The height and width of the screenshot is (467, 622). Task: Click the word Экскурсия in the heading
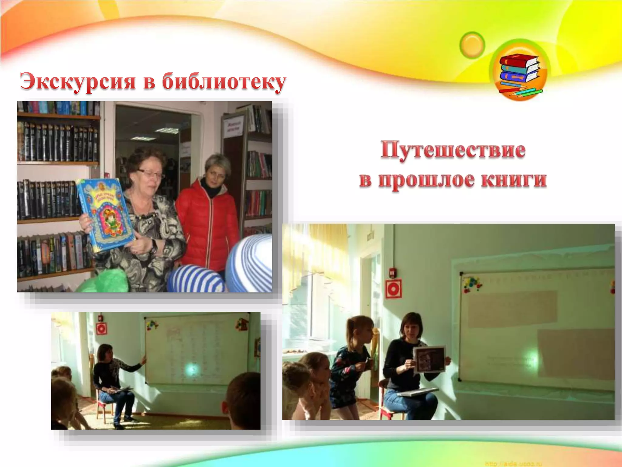pyautogui.click(x=77, y=81)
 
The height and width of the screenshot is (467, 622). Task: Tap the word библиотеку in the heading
pyautogui.click(x=224, y=81)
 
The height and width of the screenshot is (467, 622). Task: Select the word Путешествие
pyautogui.click(x=453, y=150)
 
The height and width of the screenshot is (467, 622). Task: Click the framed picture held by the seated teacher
pyautogui.click(x=429, y=359)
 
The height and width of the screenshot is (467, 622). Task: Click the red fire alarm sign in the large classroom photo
pyautogui.click(x=393, y=289)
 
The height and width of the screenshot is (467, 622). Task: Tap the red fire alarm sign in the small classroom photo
pyautogui.click(x=101, y=329)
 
